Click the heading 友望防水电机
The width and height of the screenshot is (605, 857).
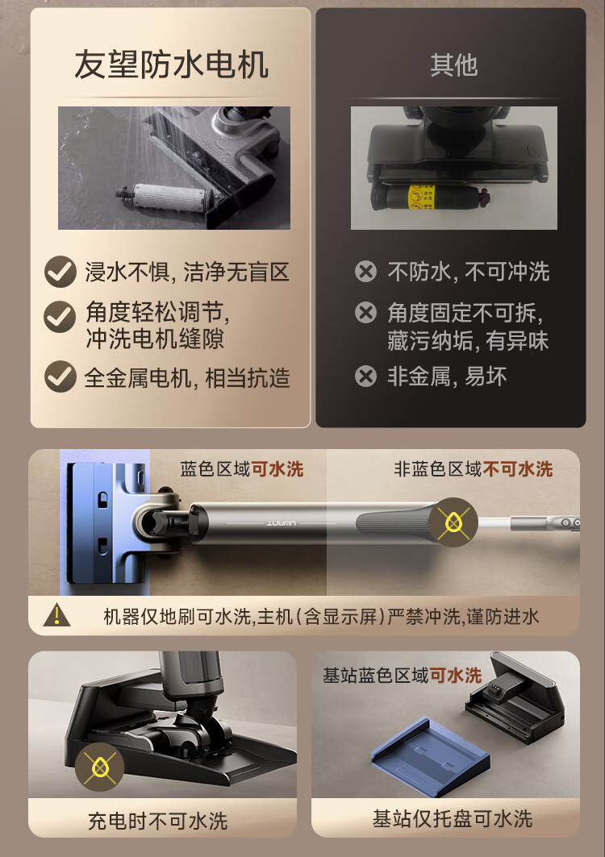tap(171, 64)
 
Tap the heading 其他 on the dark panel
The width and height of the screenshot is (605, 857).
tap(453, 65)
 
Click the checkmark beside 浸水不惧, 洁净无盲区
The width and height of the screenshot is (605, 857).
tap(60, 272)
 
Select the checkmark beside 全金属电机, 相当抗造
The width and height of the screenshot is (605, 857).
tap(60, 376)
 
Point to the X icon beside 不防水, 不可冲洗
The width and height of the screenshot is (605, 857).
tap(365, 271)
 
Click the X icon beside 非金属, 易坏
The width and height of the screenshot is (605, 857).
tap(365, 376)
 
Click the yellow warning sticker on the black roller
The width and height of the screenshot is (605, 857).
tap(421, 198)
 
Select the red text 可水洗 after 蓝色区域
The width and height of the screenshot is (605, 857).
tap(277, 469)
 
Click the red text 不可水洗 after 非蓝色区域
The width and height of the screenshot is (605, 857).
tap(518, 469)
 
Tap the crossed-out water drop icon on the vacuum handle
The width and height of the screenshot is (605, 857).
tap(453, 522)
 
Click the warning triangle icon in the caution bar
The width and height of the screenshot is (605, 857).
tap(56, 615)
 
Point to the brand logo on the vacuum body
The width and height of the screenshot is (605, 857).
tap(282, 523)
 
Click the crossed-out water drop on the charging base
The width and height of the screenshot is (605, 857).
tap(99, 767)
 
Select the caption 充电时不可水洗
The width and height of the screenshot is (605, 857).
tap(157, 821)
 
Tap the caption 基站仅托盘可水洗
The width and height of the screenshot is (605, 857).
tap(452, 819)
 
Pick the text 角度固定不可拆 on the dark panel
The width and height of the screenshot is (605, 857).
tap(461, 313)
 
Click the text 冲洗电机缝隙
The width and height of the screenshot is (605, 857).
tap(155, 339)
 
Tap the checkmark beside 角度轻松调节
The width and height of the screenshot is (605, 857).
tap(60, 317)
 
